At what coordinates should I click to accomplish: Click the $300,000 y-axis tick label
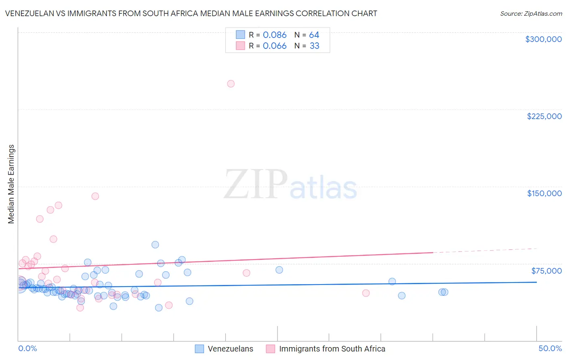tap(543, 39)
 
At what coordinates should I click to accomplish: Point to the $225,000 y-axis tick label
tap(544, 116)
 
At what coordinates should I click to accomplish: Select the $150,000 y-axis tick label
tap(544, 193)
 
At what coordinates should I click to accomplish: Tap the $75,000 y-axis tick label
tap(546, 271)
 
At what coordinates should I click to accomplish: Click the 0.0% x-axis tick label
tap(27, 348)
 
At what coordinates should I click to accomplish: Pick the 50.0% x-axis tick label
tap(550, 348)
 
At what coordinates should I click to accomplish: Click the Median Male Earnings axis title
tap(11, 184)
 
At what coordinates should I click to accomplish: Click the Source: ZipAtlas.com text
tap(531, 13)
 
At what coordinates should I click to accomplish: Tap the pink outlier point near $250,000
tap(231, 84)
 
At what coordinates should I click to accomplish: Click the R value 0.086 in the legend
tap(275, 35)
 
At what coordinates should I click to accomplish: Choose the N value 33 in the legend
tap(314, 46)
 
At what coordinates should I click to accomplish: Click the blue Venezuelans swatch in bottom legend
tap(199, 349)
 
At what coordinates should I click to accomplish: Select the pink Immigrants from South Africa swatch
tap(270, 349)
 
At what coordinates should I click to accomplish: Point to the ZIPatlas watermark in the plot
tap(290, 185)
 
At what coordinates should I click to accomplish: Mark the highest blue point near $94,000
tap(155, 245)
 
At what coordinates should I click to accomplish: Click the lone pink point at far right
tap(366, 293)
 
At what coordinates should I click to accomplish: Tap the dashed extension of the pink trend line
tap(484, 250)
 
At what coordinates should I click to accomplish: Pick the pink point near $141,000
tap(95, 196)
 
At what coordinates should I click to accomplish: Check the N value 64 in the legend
tap(314, 35)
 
